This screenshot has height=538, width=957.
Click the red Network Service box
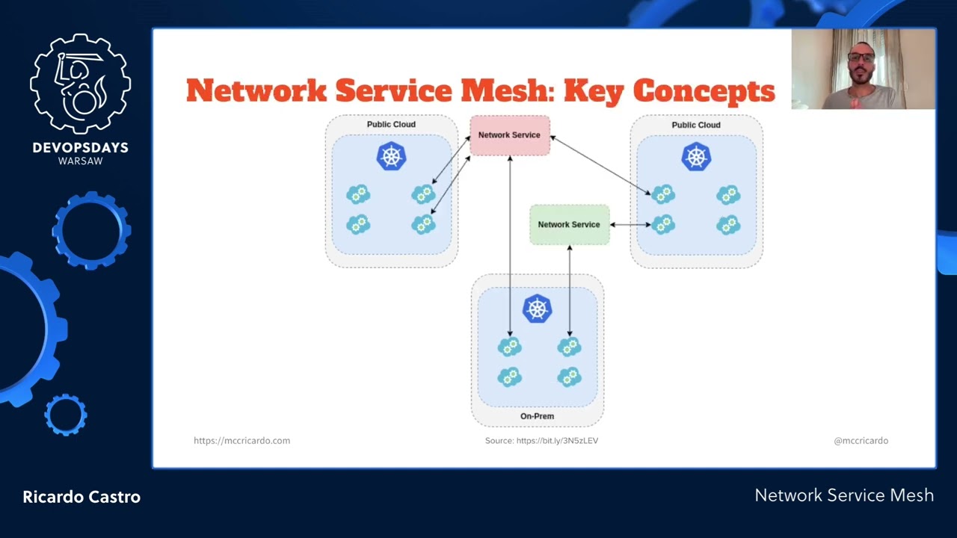click(510, 135)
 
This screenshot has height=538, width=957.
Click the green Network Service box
click(569, 224)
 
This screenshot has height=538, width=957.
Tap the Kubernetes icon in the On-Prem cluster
click(537, 308)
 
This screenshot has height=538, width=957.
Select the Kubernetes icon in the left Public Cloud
click(391, 156)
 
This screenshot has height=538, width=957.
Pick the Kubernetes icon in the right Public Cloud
click(696, 156)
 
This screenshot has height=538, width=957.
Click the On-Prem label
click(537, 416)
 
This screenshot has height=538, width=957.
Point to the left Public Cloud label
click(391, 125)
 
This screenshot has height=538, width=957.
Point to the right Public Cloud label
click(696, 125)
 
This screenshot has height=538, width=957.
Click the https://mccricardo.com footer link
click(241, 441)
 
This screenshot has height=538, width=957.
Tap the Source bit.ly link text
click(541, 441)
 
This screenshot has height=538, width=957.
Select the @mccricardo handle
click(861, 441)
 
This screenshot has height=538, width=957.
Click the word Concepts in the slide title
click(704, 91)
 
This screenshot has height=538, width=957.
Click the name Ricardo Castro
click(81, 497)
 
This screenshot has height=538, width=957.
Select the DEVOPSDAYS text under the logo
click(81, 148)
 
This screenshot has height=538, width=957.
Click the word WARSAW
click(81, 161)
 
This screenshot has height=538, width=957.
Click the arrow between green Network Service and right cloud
click(630, 224)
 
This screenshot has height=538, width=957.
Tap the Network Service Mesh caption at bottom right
click(844, 495)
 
